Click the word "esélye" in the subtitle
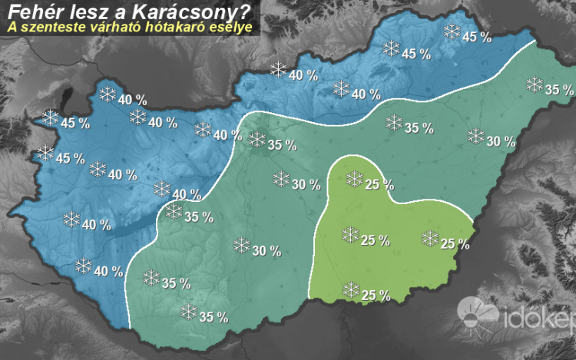[x=230, y=28]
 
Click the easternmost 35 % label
[x=559, y=90]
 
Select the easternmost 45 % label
[x=477, y=38]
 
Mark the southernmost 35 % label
[x=213, y=316]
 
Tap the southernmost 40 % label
[x=108, y=271]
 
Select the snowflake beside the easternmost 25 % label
[x=430, y=238]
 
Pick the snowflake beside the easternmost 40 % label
[x=341, y=88]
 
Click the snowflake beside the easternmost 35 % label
[x=535, y=84]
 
